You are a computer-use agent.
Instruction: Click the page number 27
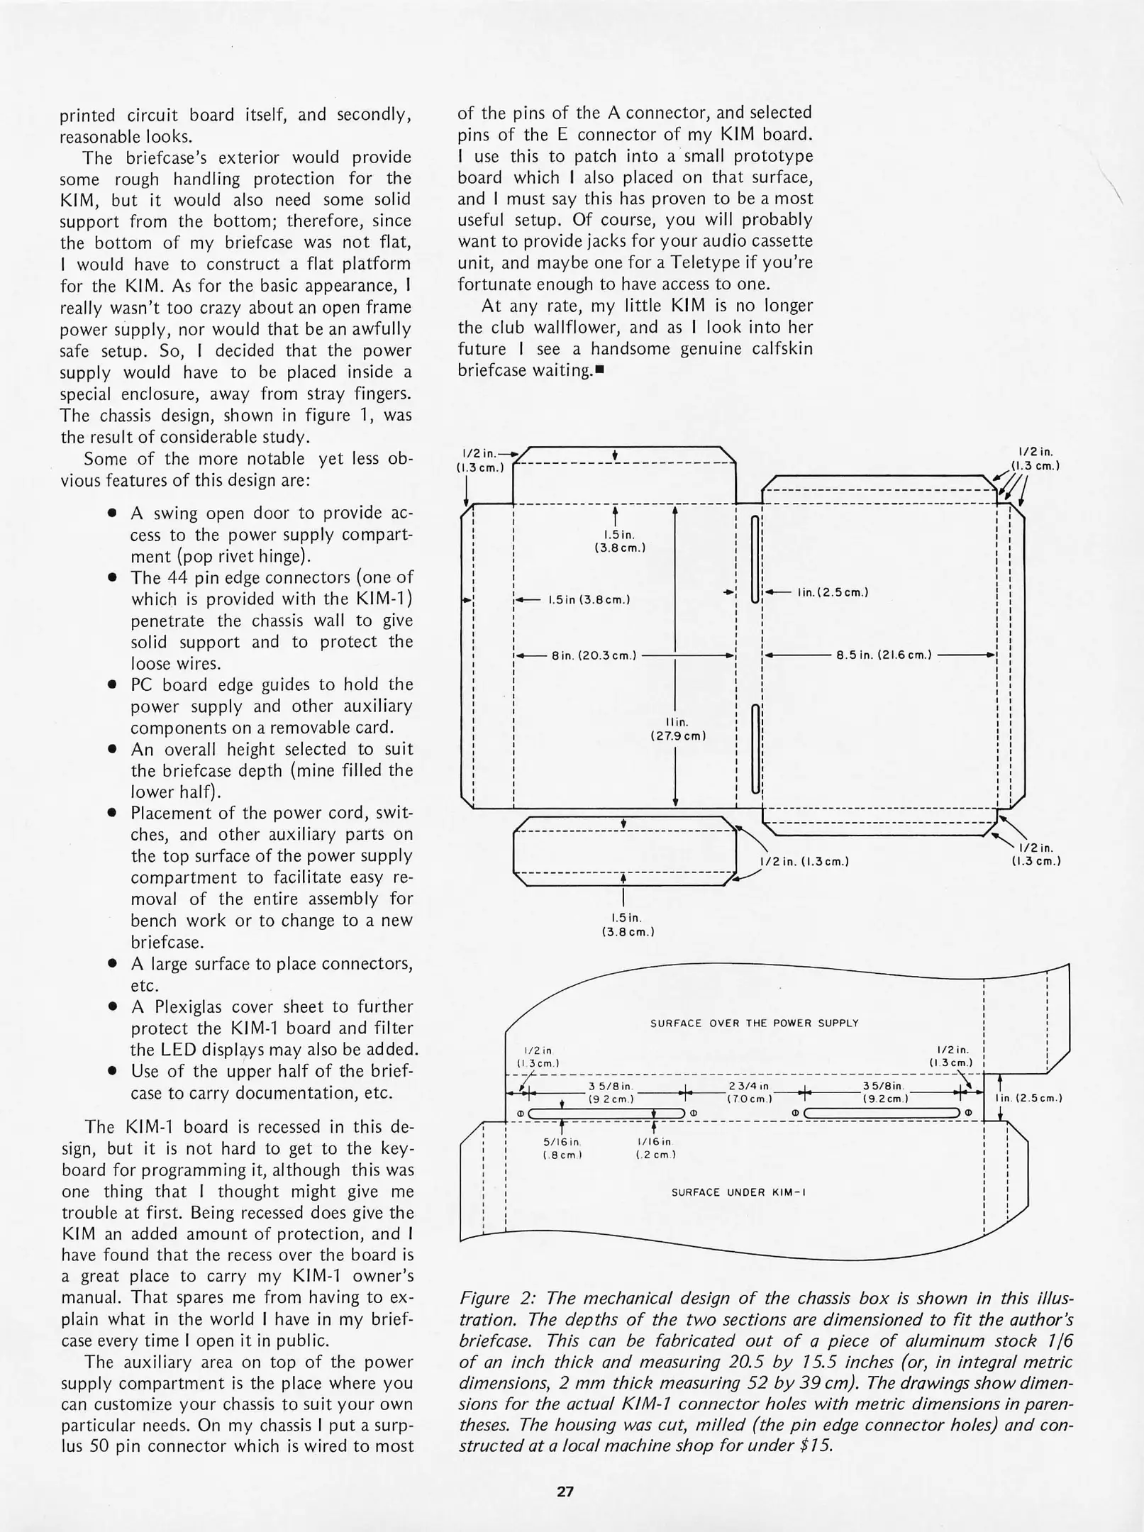coord(565,1491)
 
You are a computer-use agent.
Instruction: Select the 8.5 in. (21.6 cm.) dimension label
coord(884,655)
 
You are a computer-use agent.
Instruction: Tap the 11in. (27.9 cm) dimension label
coord(678,728)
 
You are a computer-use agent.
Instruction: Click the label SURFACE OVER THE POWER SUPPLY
coord(754,1023)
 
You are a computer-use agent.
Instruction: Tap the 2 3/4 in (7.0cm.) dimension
coord(749,1092)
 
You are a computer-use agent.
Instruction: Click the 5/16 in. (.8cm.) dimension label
coord(561,1148)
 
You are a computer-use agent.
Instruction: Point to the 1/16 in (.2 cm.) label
coord(655,1148)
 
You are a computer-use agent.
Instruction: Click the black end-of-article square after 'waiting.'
coord(599,370)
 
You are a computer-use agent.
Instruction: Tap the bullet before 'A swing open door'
coord(111,514)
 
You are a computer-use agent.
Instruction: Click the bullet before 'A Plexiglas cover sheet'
coord(111,1007)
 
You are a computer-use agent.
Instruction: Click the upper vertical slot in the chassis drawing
coord(755,559)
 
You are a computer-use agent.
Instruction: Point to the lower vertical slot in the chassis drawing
coord(755,748)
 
